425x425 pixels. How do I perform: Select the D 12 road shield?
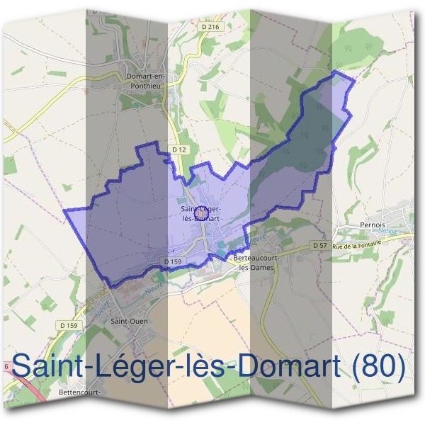[x=178, y=149]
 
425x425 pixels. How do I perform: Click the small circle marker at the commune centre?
[x=202, y=212]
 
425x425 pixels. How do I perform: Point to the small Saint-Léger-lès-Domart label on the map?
[x=202, y=213]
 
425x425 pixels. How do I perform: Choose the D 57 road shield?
[x=319, y=245]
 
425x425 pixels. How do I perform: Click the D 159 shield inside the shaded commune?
[x=174, y=261]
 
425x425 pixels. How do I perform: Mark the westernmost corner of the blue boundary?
[x=64, y=210]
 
